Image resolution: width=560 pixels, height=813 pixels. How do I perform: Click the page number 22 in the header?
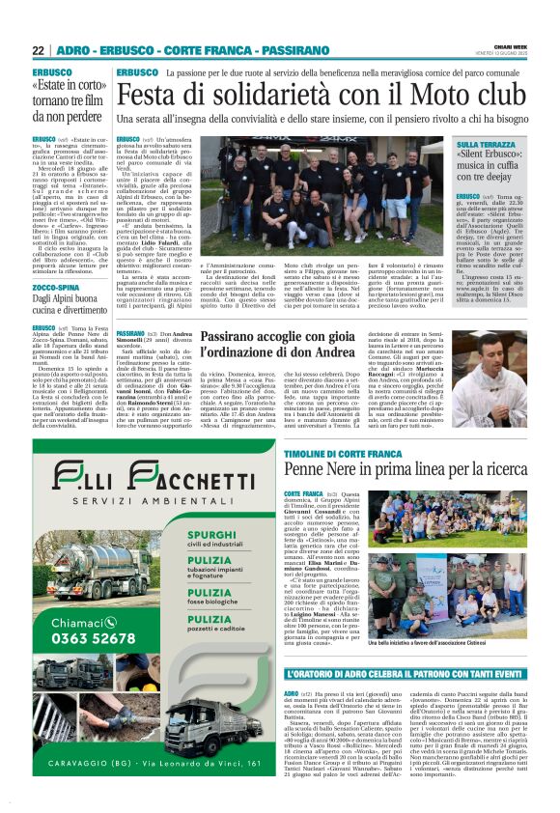(39, 50)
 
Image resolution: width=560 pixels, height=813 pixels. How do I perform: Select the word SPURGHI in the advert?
(213, 533)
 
